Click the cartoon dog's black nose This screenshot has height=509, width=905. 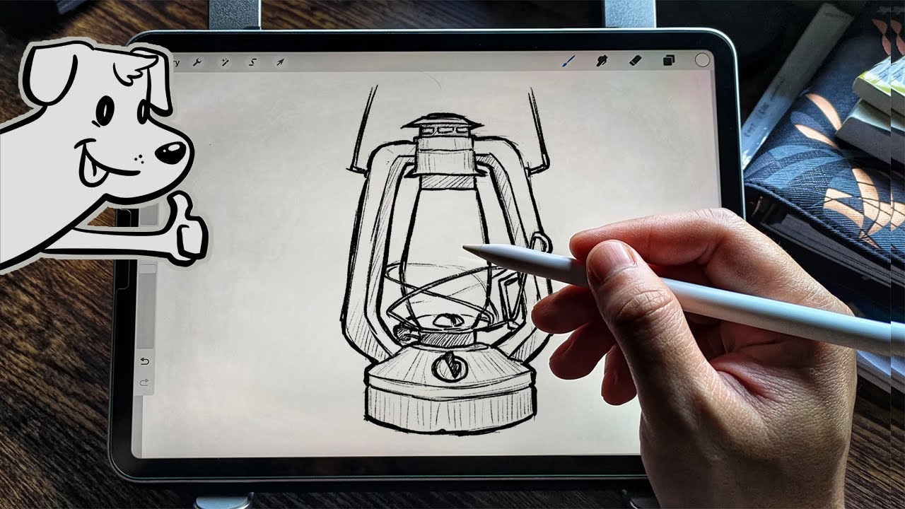pyautogui.click(x=172, y=151)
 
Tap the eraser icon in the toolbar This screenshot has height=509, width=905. pyautogui.click(x=634, y=61)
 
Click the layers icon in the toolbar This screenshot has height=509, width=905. pyautogui.click(x=668, y=61)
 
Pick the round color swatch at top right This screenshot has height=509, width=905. pyautogui.click(x=701, y=60)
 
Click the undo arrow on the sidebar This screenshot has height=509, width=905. pyautogui.click(x=145, y=361)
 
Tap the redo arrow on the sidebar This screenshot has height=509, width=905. pyautogui.click(x=145, y=382)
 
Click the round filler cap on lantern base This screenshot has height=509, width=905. pyautogui.click(x=444, y=367)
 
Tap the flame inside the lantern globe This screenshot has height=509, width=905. pyautogui.click(x=443, y=320)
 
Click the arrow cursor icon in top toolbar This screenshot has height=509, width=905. pyautogui.click(x=279, y=62)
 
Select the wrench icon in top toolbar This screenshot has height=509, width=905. pyautogui.click(x=198, y=62)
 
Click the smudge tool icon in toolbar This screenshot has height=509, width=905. pyautogui.click(x=602, y=61)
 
